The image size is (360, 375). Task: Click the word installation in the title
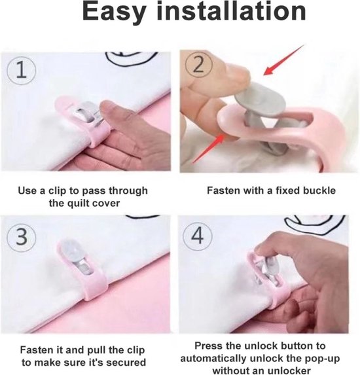(x=231, y=11)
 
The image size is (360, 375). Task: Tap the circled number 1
(x=22, y=70)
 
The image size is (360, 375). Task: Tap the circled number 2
(x=198, y=64)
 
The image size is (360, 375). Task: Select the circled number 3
(x=22, y=237)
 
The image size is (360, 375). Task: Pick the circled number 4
(x=198, y=236)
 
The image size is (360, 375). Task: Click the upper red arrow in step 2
(x=283, y=60)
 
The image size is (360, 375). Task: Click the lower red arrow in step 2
(x=209, y=149)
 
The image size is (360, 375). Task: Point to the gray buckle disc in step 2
(x=261, y=98)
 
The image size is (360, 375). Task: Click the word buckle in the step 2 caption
(x=319, y=190)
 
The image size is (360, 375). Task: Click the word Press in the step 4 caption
(x=206, y=346)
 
